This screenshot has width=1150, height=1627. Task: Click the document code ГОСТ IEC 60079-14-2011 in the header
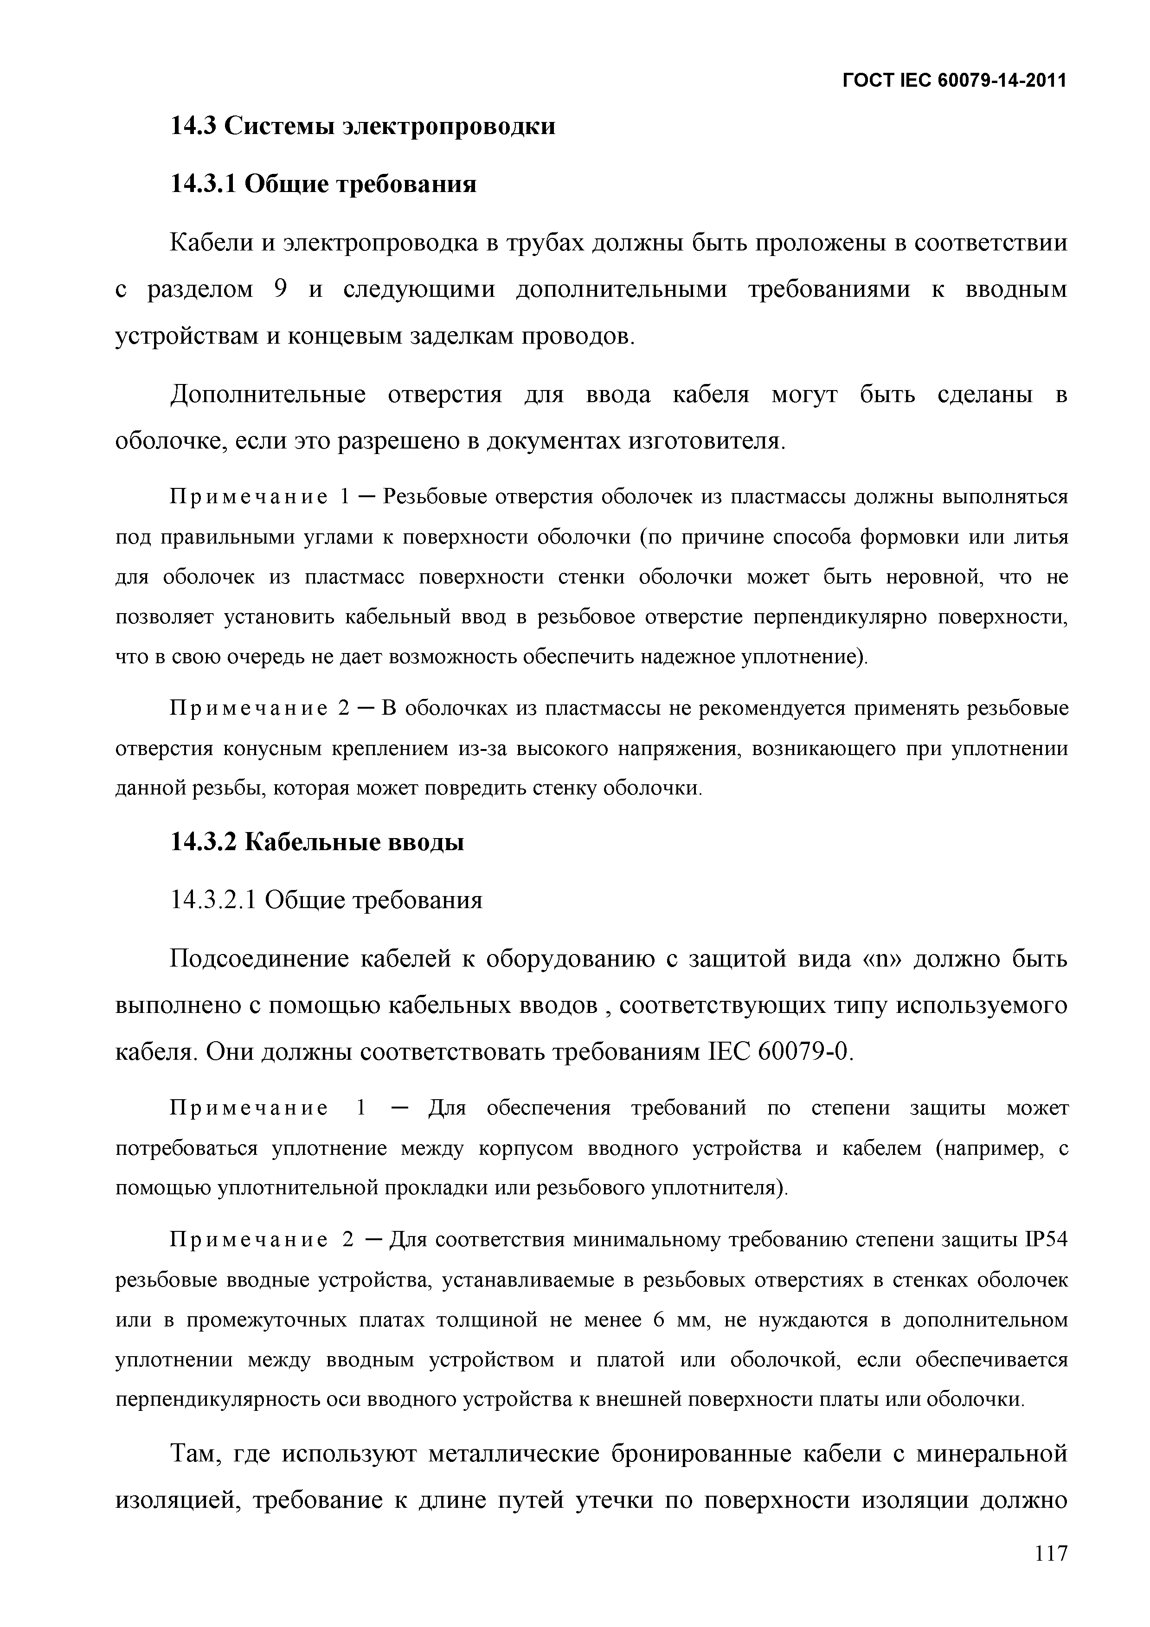tap(954, 81)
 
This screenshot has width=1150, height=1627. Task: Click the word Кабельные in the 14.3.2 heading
tap(316, 843)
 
